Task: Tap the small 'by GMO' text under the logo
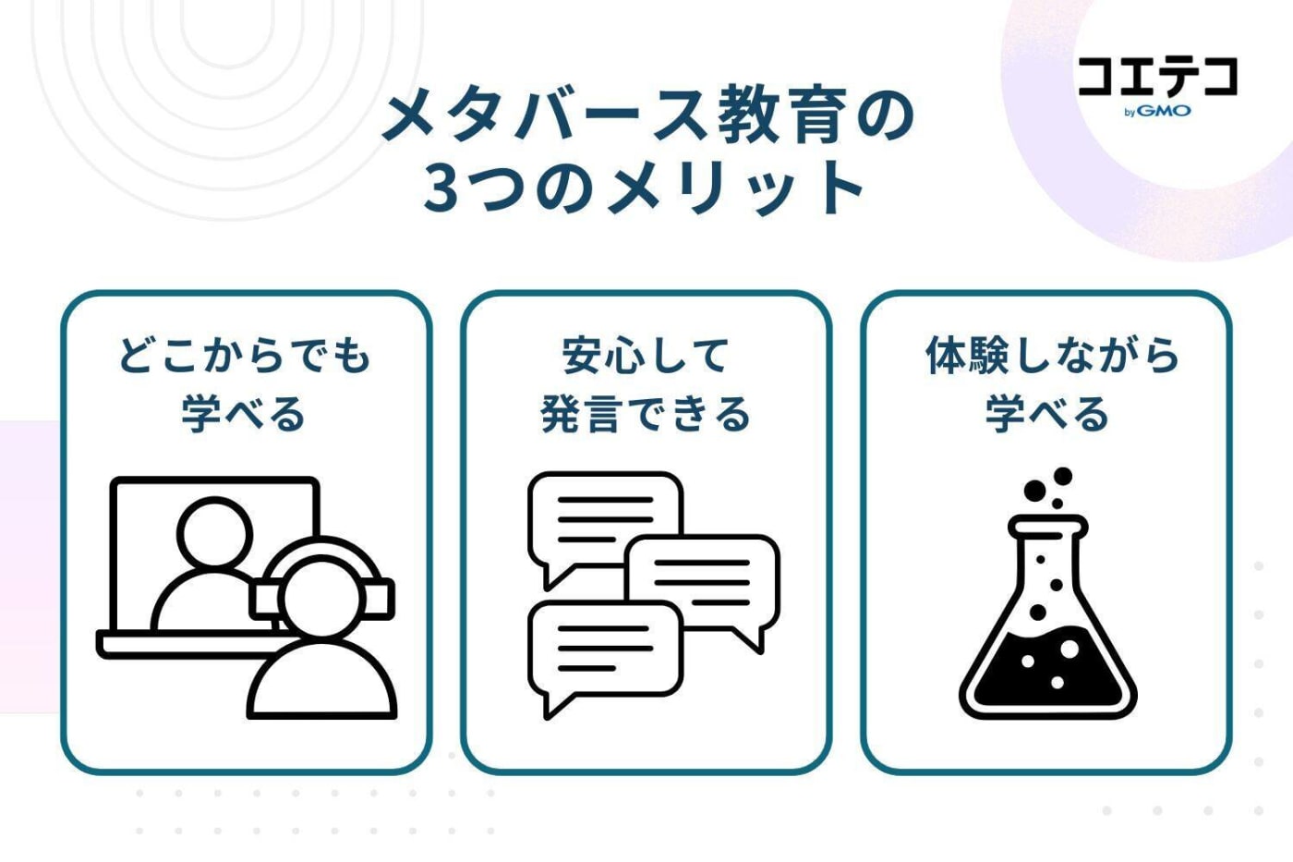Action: tap(1157, 112)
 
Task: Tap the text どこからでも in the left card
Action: tap(245, 356)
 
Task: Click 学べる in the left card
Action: tap(245, 413)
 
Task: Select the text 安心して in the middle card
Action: tap(646, 356)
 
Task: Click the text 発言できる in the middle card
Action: tap(646, 413)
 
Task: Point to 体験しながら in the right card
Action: tap(1052, 356)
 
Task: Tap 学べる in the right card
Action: tap(1047, 413)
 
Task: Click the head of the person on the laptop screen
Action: tap(214, 534)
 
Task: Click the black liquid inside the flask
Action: tap(1047, 674)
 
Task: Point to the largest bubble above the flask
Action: tap(1062, 477)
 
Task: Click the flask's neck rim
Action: tap(1047, 528)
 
